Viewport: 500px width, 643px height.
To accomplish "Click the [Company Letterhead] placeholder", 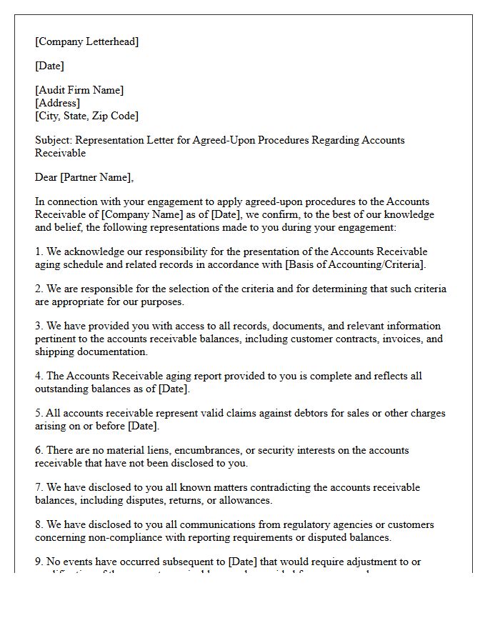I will point(87,41).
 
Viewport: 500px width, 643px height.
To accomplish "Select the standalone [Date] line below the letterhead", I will point(49,66).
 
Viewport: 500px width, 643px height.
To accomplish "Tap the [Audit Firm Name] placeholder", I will point(79,90).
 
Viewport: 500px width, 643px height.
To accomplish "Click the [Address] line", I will point(57,103).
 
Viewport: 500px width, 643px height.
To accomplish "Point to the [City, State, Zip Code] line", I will point(86,116).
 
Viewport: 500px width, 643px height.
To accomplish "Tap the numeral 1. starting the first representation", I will point(39,251).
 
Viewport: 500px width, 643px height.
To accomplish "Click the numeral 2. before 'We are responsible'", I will point(39,289).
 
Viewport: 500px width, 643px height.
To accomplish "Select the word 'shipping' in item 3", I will point(55,352).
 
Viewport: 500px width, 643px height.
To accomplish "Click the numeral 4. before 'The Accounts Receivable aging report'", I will point(39,376).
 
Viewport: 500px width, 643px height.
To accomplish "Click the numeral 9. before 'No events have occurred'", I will point(39,562).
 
